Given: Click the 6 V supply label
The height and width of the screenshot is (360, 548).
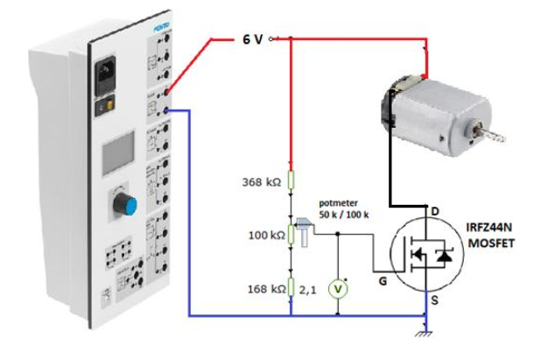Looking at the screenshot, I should click(252, 39).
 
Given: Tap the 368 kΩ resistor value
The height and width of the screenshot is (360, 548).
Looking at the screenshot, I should click(261, 182).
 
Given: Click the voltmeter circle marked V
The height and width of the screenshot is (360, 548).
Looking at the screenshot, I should click(338, 290).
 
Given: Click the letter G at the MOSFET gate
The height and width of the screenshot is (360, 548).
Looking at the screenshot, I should click(383, 280).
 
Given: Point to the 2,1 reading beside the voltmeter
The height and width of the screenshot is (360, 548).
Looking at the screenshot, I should click(309, 288).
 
